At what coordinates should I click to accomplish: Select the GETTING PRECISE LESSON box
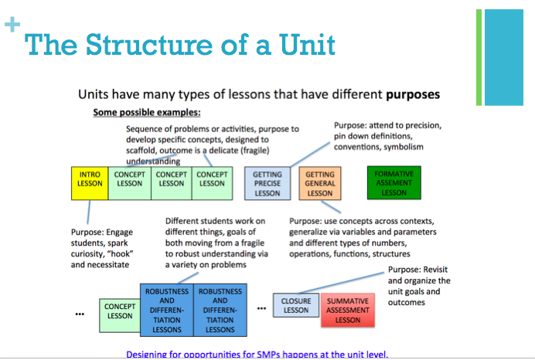(x=267, y=184)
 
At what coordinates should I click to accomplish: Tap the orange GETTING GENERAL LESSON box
(x=319, y=184)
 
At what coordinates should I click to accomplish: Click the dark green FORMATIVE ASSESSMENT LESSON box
(x=394, y=184)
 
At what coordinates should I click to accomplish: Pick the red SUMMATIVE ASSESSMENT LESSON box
(x=347, y=309)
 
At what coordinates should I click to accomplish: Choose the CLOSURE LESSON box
(x=295, y=306)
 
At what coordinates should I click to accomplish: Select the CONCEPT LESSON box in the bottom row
(x=119, y=311)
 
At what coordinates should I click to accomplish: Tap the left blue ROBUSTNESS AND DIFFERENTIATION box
(x=167, y=311)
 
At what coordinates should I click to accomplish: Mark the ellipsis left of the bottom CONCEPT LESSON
(x=80, y=315)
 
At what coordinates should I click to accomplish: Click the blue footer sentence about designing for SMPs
(x=257, y=355)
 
